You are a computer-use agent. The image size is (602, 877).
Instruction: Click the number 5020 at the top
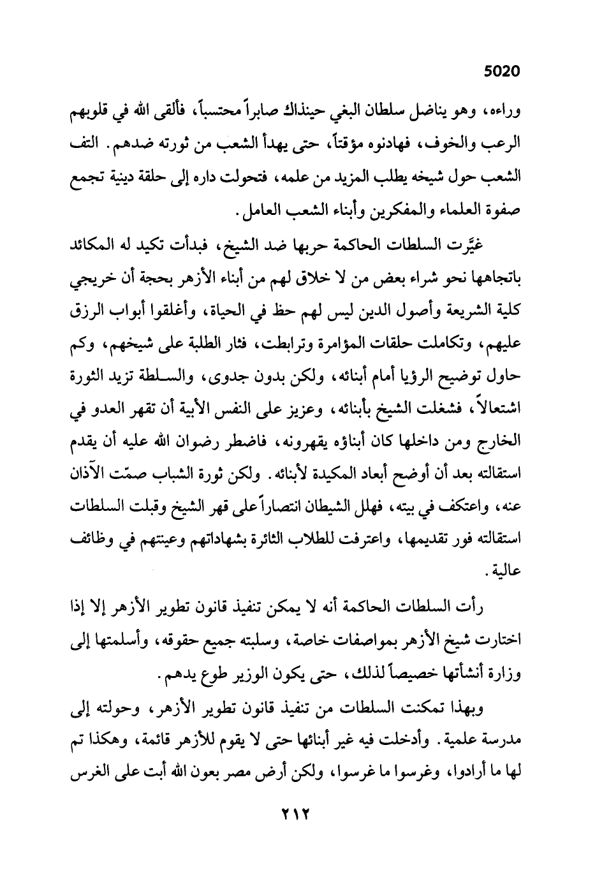pyautogui.click(x=502, y=71)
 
